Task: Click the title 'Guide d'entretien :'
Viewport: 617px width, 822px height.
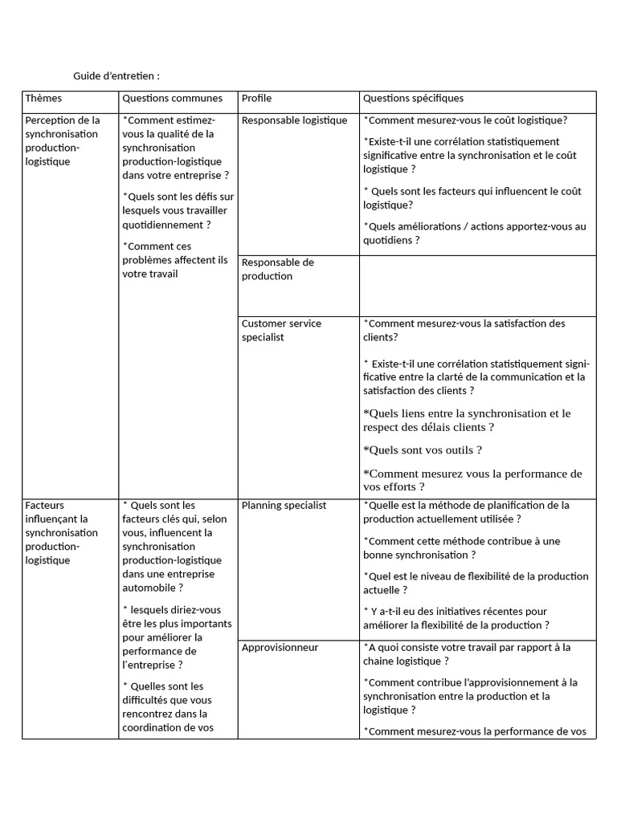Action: point(116,75)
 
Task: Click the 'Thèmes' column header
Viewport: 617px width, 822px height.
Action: point(43,99)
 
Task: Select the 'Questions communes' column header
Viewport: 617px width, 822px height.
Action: point(172,99)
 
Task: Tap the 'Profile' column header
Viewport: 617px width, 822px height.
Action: point(256,99)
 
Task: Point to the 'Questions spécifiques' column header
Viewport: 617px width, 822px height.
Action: point(413,99)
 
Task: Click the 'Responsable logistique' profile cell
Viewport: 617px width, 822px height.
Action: point(294,120)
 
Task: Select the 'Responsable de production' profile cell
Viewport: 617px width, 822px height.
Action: point(277,269)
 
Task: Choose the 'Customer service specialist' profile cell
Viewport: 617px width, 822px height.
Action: point(281,330)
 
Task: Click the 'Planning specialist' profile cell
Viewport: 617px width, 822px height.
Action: point(284,506)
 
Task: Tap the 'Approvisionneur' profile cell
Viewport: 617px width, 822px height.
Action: point(280,648)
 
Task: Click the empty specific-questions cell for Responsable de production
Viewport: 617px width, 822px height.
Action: point(477,285)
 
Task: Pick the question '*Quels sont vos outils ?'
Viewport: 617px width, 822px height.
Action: point(423,450)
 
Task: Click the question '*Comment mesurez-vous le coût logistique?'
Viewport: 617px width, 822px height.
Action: point(465,120)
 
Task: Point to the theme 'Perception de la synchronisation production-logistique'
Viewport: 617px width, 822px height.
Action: point(62,140)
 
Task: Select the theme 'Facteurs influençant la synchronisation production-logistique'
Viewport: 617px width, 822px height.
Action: point(62,532)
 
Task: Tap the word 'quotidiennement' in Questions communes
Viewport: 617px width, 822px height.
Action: point(160,225)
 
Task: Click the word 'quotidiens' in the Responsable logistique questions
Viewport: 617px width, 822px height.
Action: point(391,240)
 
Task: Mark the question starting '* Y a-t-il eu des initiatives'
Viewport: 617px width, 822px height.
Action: point(456,618)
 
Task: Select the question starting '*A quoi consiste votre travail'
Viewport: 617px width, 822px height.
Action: point(467,654)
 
